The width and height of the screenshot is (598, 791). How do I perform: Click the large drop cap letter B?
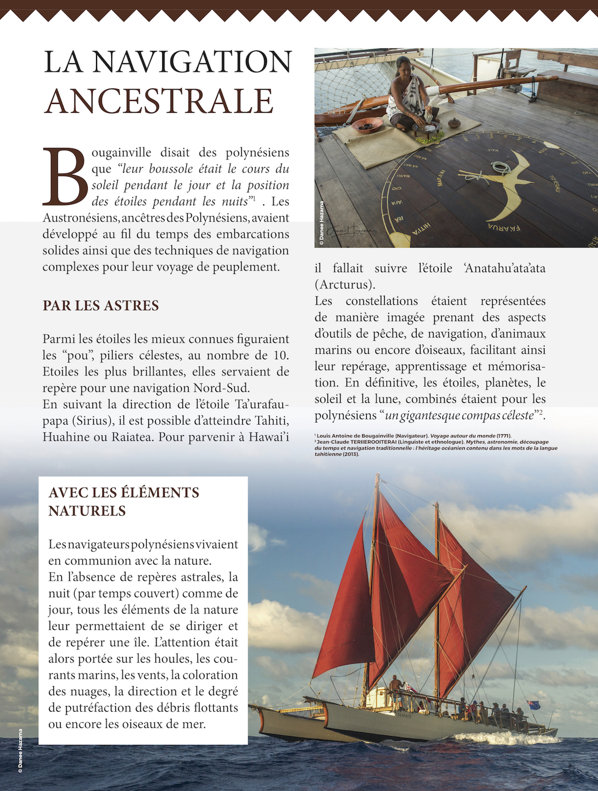[66, 176]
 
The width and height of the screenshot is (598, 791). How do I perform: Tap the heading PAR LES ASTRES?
[100, 305]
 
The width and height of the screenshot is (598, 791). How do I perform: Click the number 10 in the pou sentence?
[281, 355]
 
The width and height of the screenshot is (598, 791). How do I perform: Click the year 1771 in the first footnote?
[503, 436]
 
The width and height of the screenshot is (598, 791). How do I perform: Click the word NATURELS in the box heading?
[87, 511]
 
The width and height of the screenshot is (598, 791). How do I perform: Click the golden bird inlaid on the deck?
[505, 186]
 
